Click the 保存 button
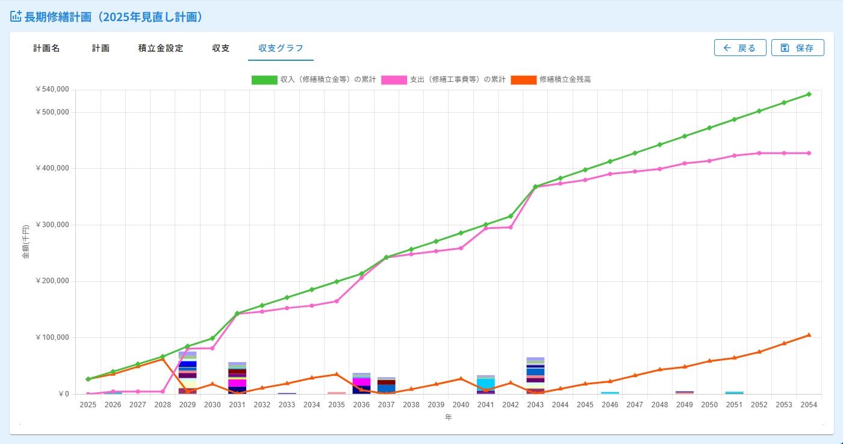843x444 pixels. pyautogui.click(x=797, y=48)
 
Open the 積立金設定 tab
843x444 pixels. pyautogui.click(x=161, y=48)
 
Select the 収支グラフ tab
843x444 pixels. pyautogui.click(x=281, y=48)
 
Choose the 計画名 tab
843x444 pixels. pyautogui.click(x=46, y=48)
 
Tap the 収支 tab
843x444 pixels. pyautogui.click(x=220, y=48)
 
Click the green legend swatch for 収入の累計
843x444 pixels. pyautogui.click(x=264, y=80)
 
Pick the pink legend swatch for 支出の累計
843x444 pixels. pyautogui.click(x=394, y=80)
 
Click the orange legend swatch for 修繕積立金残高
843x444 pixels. pyautogui.click(x=523, y=80)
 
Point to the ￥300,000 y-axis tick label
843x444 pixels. pyautogui.click(x=52, y=225)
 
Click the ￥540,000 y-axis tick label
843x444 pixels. pyautogui.click(x=52, y=89)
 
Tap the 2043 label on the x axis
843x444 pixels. pyautogui.click(x=535, y=405)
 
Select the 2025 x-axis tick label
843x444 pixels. pyautogui.click(x=88, y=405)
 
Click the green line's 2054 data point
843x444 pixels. pyautogui.click(x=809, y=94)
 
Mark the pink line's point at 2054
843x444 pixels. pyautogui.click(x=809, y=153)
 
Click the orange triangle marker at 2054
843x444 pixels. pyautogui.click(x=809, y=335)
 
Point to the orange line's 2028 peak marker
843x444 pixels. pyautogui.click(x=163, y=359)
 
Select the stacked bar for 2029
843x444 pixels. pyautogui.click(x=187, y=373)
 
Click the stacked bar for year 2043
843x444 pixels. pyautogui.click(x=535, y=376)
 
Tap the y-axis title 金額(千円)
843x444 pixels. pyautogui.click(x=25, y=242)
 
